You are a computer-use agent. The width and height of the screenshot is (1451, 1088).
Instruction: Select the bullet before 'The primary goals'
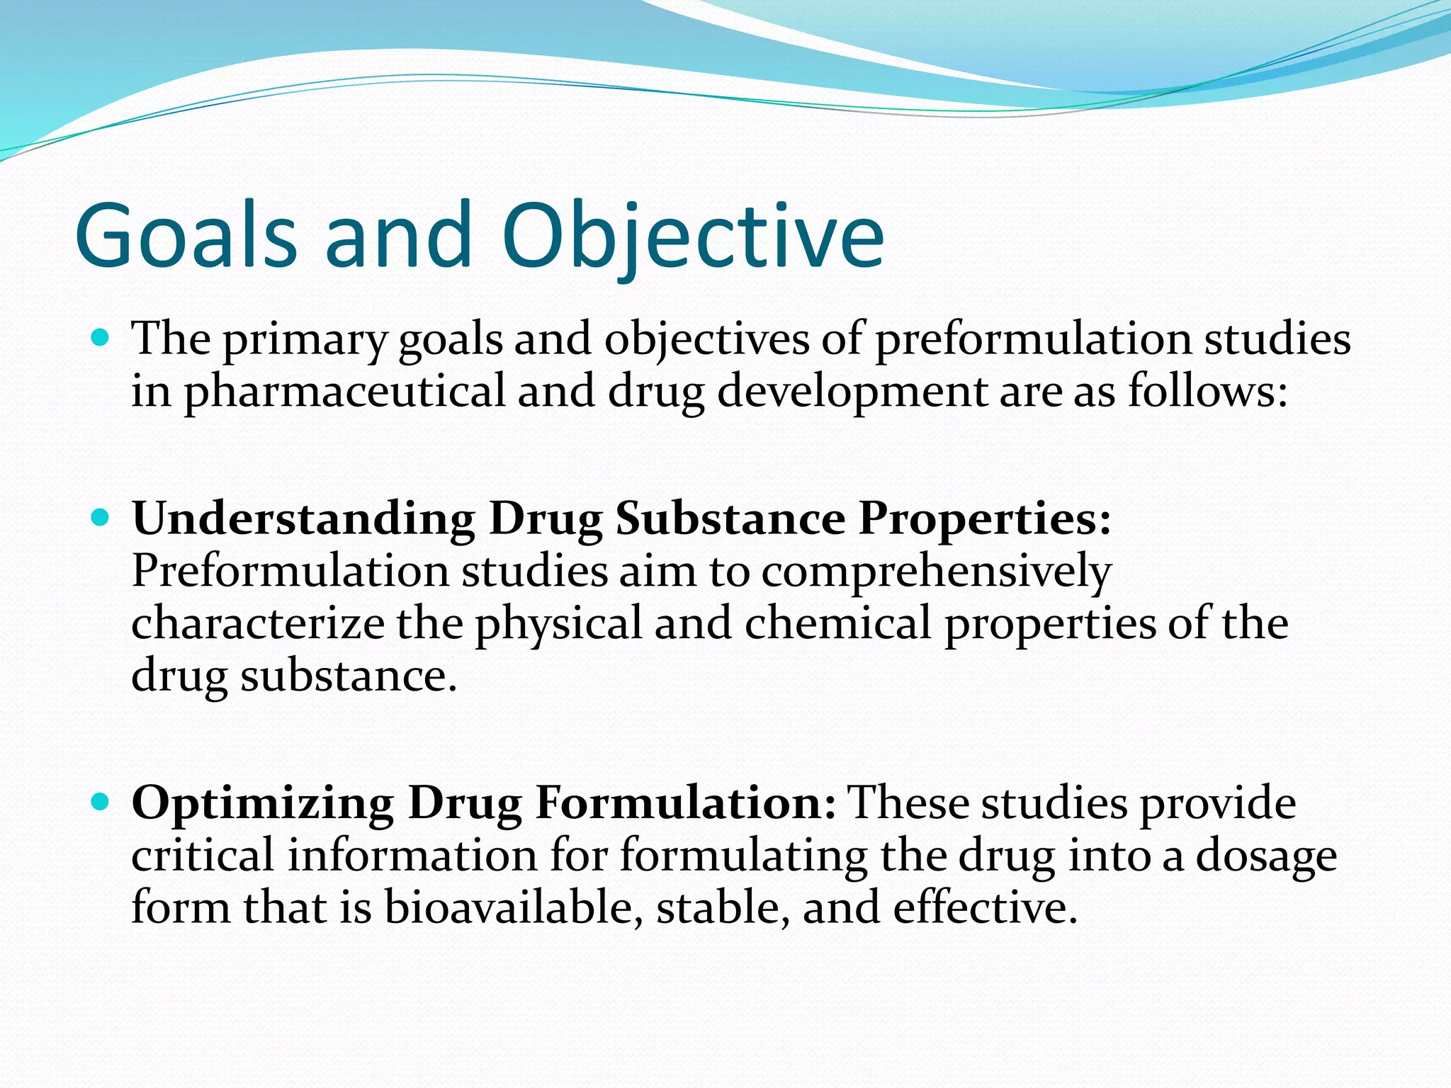[x=101, y=337]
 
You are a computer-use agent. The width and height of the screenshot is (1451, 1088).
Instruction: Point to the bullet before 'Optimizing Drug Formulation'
[x=101, y=802]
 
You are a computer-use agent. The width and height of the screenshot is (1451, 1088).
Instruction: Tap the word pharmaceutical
[x=344, y=392]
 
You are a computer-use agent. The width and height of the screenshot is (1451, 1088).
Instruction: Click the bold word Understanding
[x=303, y=519]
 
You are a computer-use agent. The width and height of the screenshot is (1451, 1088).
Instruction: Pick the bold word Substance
[x=730, y=519]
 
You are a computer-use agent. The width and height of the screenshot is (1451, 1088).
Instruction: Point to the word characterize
[x=258, y=623]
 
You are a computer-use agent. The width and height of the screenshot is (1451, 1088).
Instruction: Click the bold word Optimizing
[x=262, y=805]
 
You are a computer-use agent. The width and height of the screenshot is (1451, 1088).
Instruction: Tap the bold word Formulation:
[x=686, y=803]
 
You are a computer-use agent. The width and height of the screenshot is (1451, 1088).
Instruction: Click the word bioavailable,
[x=514, y=908]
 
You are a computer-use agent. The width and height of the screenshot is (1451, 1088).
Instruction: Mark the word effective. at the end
[x=985, y=908]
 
